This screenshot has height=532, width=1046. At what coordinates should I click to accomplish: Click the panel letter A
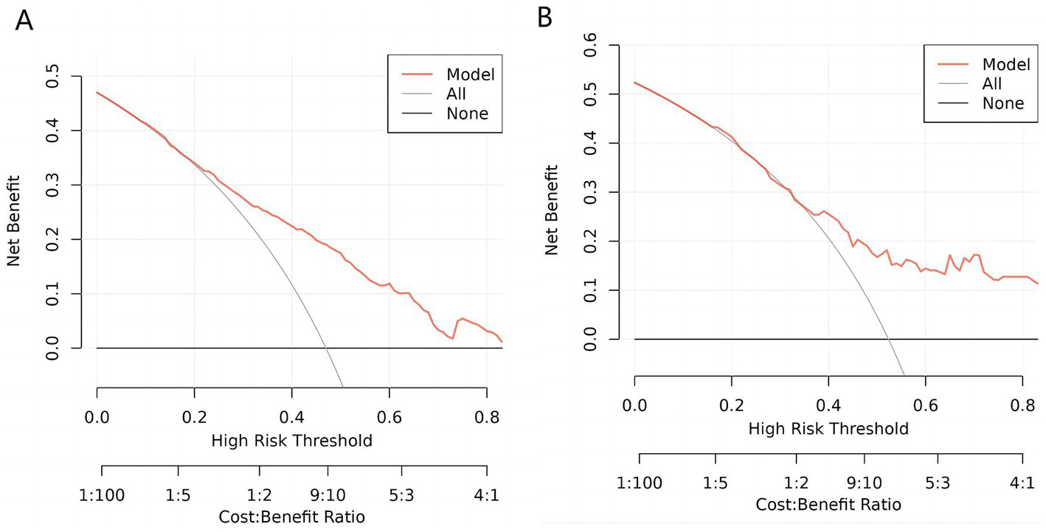pyautogui.click(x=24, y=21)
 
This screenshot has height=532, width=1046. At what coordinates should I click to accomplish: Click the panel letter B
pyautogui.click(x=544, y=18)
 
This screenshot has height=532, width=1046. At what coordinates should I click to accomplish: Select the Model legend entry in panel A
pyautogui.click(x=470, y=74)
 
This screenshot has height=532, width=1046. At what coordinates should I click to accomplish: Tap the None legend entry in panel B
pyautogui.click(x=1002, y=103)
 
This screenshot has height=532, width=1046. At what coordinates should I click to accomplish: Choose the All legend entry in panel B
pyautogui.click(x=992, y=84)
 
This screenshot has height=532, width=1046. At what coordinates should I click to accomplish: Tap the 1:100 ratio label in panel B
pyautogui.click(x=640, y=483)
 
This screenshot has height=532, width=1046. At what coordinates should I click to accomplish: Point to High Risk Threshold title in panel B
pyautogui.click(x=828, y=428)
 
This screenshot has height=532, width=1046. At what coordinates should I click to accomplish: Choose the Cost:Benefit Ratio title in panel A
pyautogui.click(x=291, y=517)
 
